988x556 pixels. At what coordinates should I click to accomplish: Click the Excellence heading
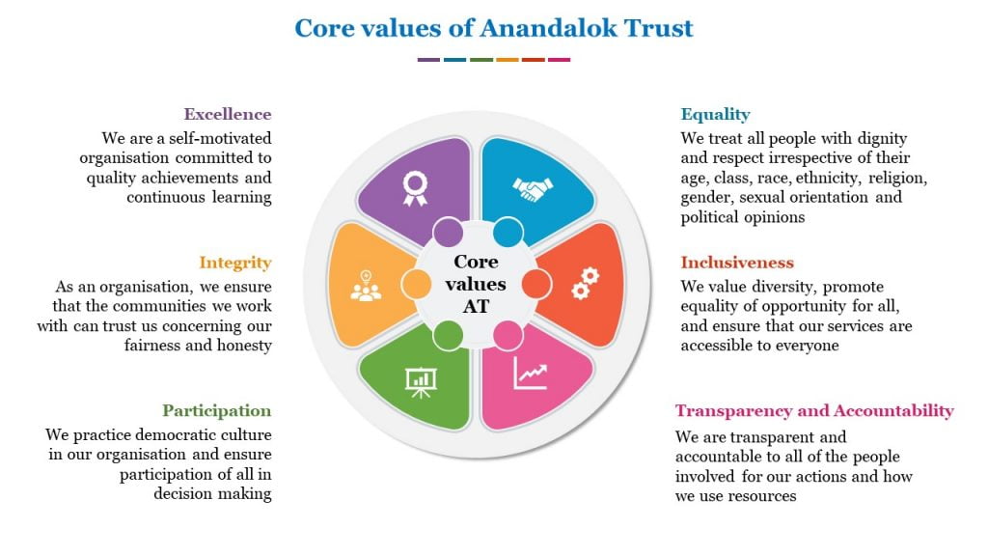(x=228, y=114)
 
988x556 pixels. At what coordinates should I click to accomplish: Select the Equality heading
(x=715, y=115)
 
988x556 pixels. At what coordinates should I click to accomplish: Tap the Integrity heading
(x=235, y=263)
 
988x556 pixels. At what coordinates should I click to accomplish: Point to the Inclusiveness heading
(x=737, y=263)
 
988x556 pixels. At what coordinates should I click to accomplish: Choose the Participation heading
(x=217, y=411)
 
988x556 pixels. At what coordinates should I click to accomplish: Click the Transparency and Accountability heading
(x=814, y=411)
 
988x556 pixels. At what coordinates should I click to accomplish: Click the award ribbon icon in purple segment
(x=415, y=189)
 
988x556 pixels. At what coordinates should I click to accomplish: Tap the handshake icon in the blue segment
(x=533, y=189)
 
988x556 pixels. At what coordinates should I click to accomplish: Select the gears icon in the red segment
(x=586, y=284)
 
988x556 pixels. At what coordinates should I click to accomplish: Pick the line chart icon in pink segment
(x=530, y=374)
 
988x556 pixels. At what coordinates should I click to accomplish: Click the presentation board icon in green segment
(x=421, y=382)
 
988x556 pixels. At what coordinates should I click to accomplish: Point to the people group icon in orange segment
(x=366, y=286)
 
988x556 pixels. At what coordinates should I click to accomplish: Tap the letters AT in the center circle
(x=476, y=306)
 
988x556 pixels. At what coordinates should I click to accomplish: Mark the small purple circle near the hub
(x=448, y=232)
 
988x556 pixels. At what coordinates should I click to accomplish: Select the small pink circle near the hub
(x=508, y=335)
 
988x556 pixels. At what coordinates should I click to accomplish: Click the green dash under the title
(x=481, y=60)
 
